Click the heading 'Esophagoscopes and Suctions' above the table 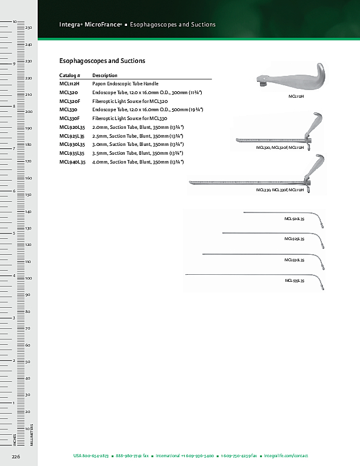coord(102,61)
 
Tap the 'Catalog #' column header coord(69,75)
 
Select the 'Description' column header coord(105,75)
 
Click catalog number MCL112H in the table coord(70,84)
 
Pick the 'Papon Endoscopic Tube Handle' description coord(125,84)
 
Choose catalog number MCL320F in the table coord(70,101)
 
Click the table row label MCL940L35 coord(72,161)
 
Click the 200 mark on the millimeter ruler coord(28,111)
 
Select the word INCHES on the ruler coord(14,440)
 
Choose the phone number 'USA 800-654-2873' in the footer coord(91,456)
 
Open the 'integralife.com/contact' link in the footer coord(286,456)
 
